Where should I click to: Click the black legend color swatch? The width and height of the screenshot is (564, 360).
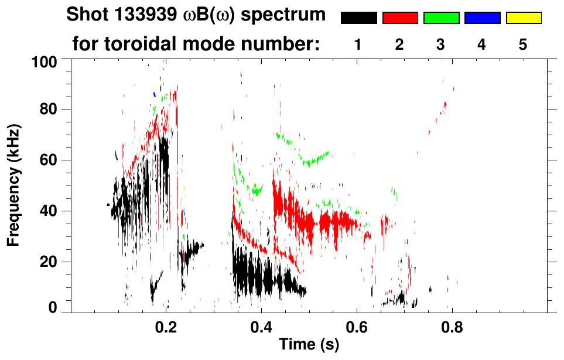click(x=358, y=18)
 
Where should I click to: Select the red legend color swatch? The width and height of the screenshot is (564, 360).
click(x=400, y=18)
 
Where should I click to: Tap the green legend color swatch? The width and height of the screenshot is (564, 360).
click(x=441, y=18)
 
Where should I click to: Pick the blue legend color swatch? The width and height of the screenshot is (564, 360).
click(x=482, y=18)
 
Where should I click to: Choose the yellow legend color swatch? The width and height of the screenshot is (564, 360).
click(x=524, y=18)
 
